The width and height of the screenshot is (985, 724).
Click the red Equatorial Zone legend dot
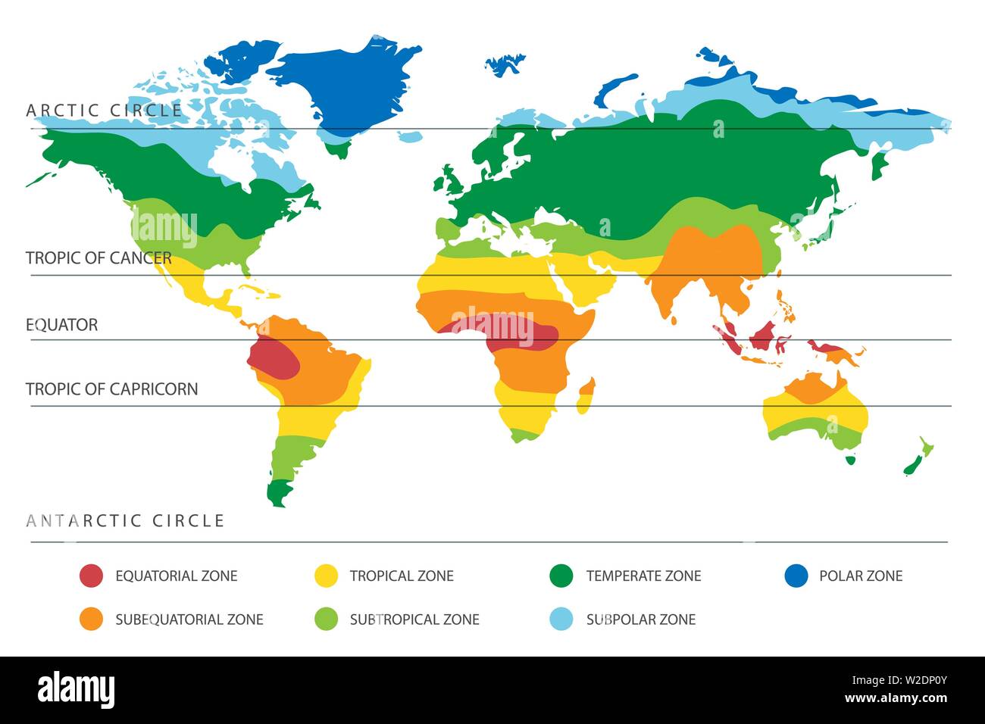point(90,576)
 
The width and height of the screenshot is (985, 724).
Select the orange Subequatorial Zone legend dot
point(90,619)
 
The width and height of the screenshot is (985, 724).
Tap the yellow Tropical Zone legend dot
point(326,576)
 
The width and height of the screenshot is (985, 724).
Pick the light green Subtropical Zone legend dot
point(326,619)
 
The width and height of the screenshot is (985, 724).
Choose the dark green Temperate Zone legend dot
point(561,576)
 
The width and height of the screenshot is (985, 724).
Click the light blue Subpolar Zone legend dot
point(561,619)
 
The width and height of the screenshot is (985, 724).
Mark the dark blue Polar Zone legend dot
point(796,576)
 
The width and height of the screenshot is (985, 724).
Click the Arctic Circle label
point(105,111)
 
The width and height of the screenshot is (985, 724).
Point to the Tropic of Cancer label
point(98,258)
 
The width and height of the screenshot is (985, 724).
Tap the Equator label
point(62,325)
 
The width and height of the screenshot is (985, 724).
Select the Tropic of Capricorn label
point(111,389)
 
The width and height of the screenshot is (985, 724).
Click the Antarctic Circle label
point(125,521)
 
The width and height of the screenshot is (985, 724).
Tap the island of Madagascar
point(585,397)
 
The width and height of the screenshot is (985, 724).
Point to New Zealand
point(917,457)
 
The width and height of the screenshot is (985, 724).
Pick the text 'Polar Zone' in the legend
point(861,576)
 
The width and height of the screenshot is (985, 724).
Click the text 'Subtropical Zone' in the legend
point(414,619)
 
